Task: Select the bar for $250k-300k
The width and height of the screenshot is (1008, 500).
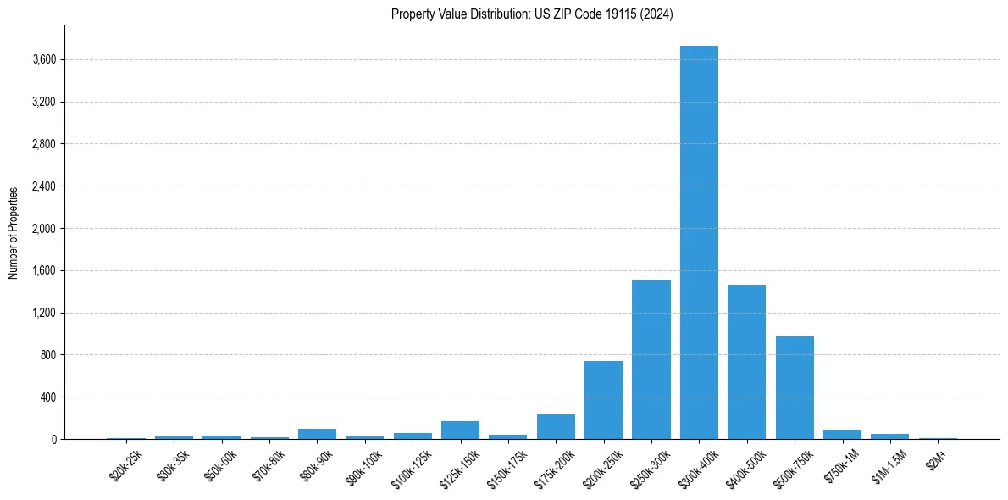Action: (651, 359)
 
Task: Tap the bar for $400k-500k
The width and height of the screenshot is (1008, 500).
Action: (746, 362)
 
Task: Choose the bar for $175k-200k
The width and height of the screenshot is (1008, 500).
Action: (556, 427)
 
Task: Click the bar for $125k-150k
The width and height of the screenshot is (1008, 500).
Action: (460, 431)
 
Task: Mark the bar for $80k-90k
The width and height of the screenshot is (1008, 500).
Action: (317, 434)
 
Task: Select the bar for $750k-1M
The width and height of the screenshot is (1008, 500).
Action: (842, 435)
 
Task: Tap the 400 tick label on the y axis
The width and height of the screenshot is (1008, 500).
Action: (47, 397)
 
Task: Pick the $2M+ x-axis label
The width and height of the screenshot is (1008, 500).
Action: (936, 458)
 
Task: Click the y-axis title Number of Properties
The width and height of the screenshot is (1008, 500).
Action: (13, 232)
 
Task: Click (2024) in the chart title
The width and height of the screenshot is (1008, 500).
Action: (657, 14)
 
